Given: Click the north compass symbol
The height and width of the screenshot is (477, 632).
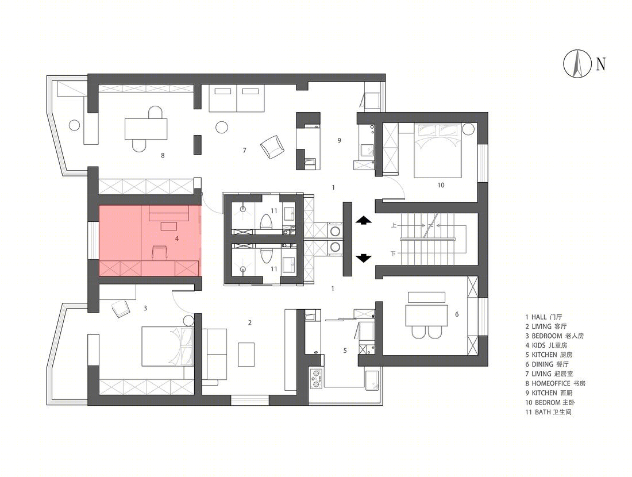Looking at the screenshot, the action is (x=577, y=63).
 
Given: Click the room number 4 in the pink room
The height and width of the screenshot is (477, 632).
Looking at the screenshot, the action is (x=177, y=238).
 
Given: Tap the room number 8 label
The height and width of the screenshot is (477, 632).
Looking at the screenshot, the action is (x=163, y=155).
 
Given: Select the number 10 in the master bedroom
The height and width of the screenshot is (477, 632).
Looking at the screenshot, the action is (x=441, y=185).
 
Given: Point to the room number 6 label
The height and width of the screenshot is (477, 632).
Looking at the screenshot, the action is (x=457, y=314).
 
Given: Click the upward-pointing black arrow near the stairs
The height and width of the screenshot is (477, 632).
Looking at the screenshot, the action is (x=363, y=220).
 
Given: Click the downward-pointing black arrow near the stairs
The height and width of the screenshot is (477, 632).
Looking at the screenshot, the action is (x=363, y=257).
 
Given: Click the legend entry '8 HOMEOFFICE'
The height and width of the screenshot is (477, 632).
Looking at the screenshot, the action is (x=555, y=383).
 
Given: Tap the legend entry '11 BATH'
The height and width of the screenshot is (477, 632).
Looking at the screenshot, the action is (x=548, y=412).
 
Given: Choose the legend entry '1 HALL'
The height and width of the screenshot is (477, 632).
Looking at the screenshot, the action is (x=544, y=317).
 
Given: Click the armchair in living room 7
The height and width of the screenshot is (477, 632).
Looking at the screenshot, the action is (x=272, y=147).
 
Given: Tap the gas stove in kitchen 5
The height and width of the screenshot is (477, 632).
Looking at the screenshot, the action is (x=316, y=378).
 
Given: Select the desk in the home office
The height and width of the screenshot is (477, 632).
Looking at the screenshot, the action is (x=146, y=129).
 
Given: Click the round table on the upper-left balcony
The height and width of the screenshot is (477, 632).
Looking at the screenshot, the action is (x=74, y=125).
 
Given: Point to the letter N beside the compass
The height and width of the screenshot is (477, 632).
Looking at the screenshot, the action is (x=600, y=64).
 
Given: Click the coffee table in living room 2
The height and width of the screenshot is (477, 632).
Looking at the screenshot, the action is (x=246, y=355).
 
